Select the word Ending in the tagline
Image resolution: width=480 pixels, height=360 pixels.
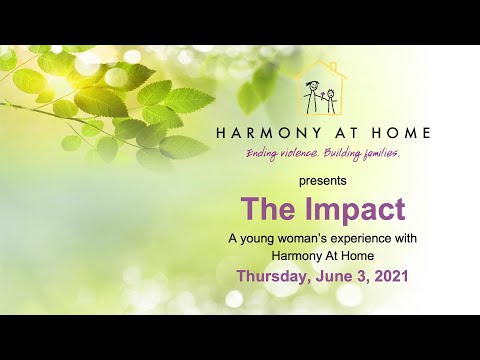coord(266,153)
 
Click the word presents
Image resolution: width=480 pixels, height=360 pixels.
coord(323,182)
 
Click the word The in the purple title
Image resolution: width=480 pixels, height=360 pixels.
coord(265,210)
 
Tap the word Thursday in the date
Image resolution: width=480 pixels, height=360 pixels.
coord(276,275)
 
